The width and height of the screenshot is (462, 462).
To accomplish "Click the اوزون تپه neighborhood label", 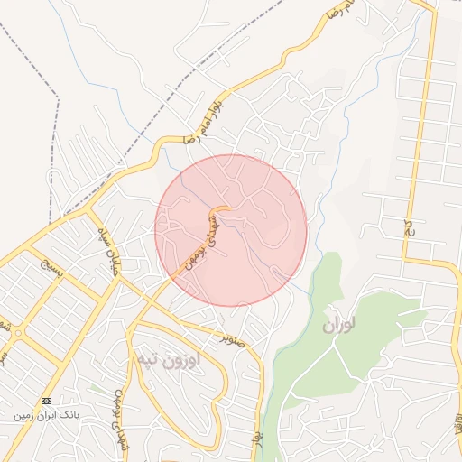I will [x=180, y=359].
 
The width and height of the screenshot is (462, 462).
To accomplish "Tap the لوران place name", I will [x=338, y=322].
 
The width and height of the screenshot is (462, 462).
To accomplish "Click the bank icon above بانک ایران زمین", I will [x=46, y=401].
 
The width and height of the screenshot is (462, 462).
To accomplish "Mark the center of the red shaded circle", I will [x=231, y=230].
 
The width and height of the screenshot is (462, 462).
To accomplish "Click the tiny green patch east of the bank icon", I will [x=94, y=389].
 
